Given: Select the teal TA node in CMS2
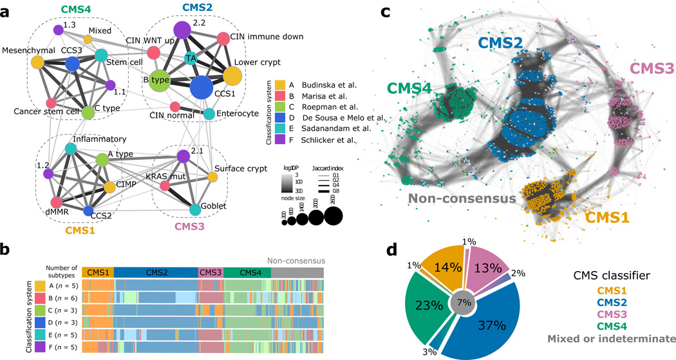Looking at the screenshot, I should pos(190,59).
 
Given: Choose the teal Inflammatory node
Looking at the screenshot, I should pos(71,149).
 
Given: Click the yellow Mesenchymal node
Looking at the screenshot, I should pos(37,62).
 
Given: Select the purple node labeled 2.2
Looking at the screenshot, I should pos(183,29).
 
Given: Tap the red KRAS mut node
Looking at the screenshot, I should pos(165,186).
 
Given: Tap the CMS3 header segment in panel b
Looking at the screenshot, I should pos(211,273).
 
